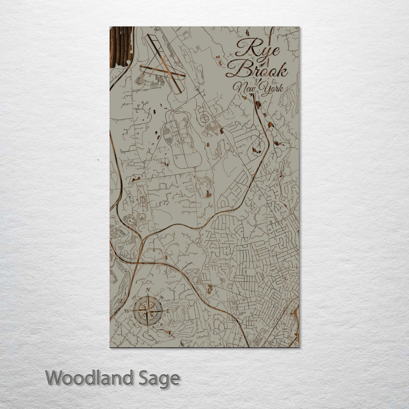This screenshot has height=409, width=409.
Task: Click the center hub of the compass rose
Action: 147,311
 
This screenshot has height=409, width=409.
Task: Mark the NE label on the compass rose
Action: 162,297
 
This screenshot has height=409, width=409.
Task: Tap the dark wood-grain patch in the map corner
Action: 120,47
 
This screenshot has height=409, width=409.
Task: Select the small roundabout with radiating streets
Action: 255,225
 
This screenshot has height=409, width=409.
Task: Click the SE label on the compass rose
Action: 161,325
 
